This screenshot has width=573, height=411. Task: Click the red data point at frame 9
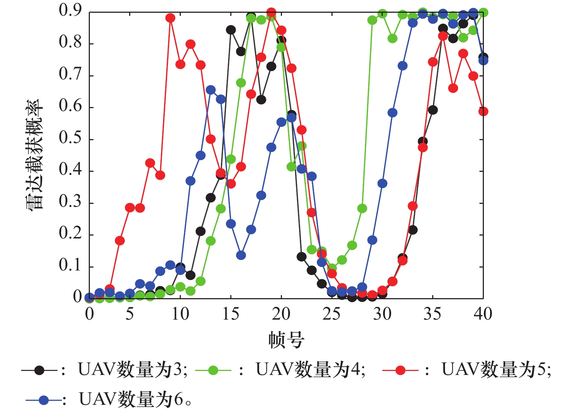click(170, 18)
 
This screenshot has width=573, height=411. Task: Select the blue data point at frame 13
click(211, 90)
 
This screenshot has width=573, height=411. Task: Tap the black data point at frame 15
click(231, 30)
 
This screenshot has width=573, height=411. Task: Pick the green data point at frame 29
click(372, 20)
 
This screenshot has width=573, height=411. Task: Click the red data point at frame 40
click(483, 111)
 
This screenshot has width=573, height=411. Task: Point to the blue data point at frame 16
click(241, 255)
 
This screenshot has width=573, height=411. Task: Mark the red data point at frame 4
click(120, 241)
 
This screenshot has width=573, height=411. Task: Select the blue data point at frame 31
click(392, 112)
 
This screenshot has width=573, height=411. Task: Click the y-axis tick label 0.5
click(70, 139)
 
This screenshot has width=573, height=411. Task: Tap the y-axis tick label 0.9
click(70, 11)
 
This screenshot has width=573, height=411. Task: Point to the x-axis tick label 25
click(331, 314)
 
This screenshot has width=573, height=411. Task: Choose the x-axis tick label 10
click(180, 314)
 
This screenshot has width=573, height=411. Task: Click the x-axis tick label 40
click(483, 314)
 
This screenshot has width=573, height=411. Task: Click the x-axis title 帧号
click(286, 340)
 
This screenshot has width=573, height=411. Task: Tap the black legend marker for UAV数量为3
click(39, 371)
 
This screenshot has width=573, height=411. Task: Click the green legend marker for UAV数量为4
click(213, 371)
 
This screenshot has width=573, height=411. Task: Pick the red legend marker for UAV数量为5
click(400, 371)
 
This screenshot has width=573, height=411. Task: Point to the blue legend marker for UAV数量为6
click(44, 400)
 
